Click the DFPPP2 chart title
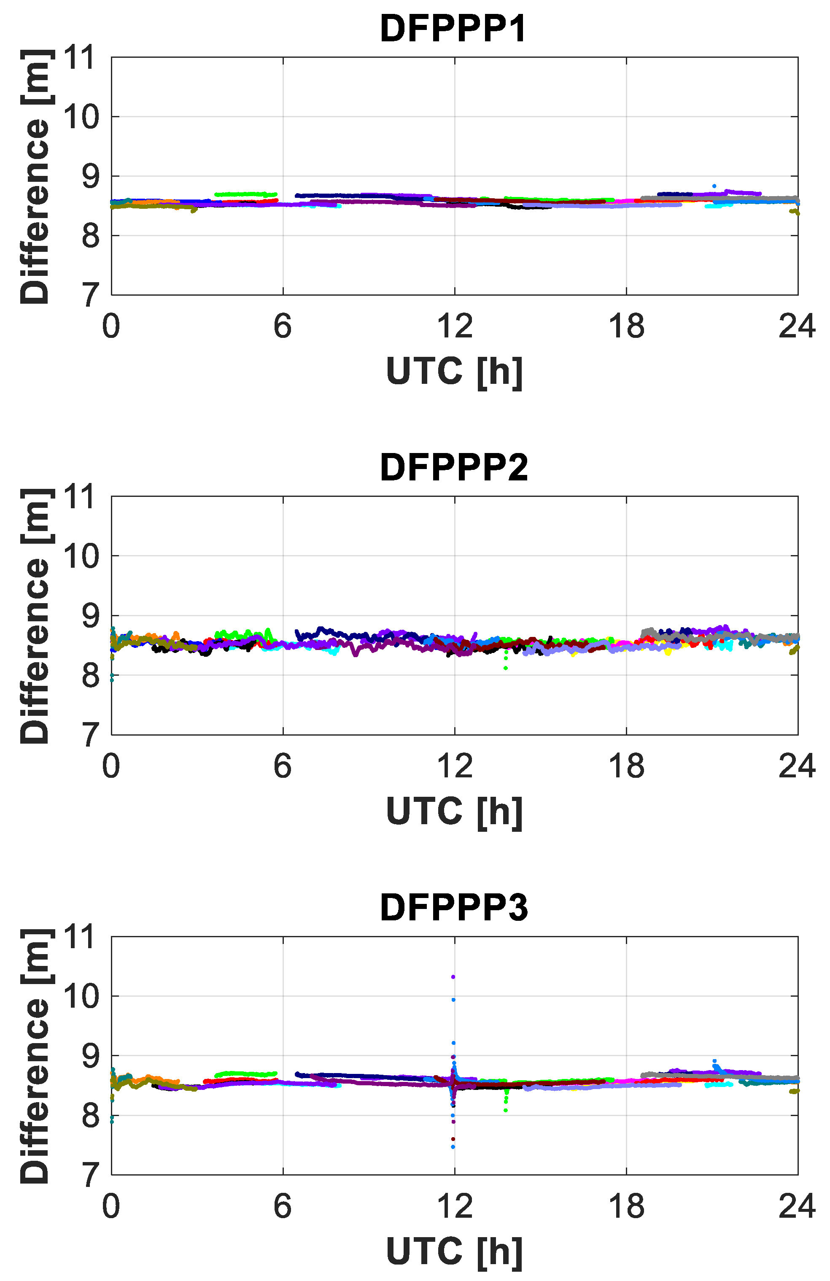coord(454,468)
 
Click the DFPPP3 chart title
coord(454,907)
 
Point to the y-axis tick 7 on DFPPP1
coord(90,295)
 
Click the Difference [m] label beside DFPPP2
coord(35,616)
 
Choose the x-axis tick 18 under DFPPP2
coord(626,766)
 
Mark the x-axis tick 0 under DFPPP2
coord(111,766)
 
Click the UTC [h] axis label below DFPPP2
coord(454,812)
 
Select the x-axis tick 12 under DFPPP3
coord(454,1207)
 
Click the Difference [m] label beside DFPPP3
coord(35,1056)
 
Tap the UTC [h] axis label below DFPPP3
coord(454,1252)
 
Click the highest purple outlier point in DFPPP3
coord(453,977)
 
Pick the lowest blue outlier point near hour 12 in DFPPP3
coord(453,1147)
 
